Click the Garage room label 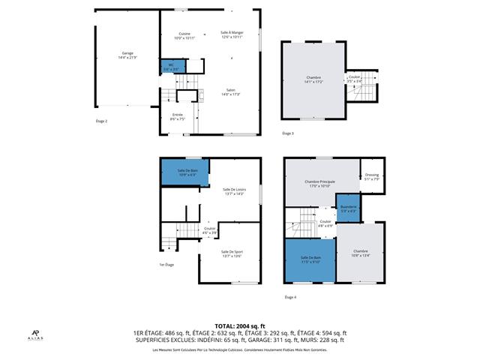click(x=127, y=55)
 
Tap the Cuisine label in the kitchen click(x=184, y=35)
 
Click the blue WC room click(x=171, y=67)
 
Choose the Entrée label click(x=177, y=116)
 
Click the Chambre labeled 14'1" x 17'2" click(x=313, y=79)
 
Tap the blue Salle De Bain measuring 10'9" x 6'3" click(x=187, y=172)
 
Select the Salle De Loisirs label click(x=234, y=191)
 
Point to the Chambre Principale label click(x=319, y=183)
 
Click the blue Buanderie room click(x=348, y=209)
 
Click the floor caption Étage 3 click(x=288, y=133)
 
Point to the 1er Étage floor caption click(x=166, y=265)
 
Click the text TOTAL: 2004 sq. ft click(x=239, y=326)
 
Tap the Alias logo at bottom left click(x=36, y=334)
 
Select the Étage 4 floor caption click(x=290, y=298)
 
